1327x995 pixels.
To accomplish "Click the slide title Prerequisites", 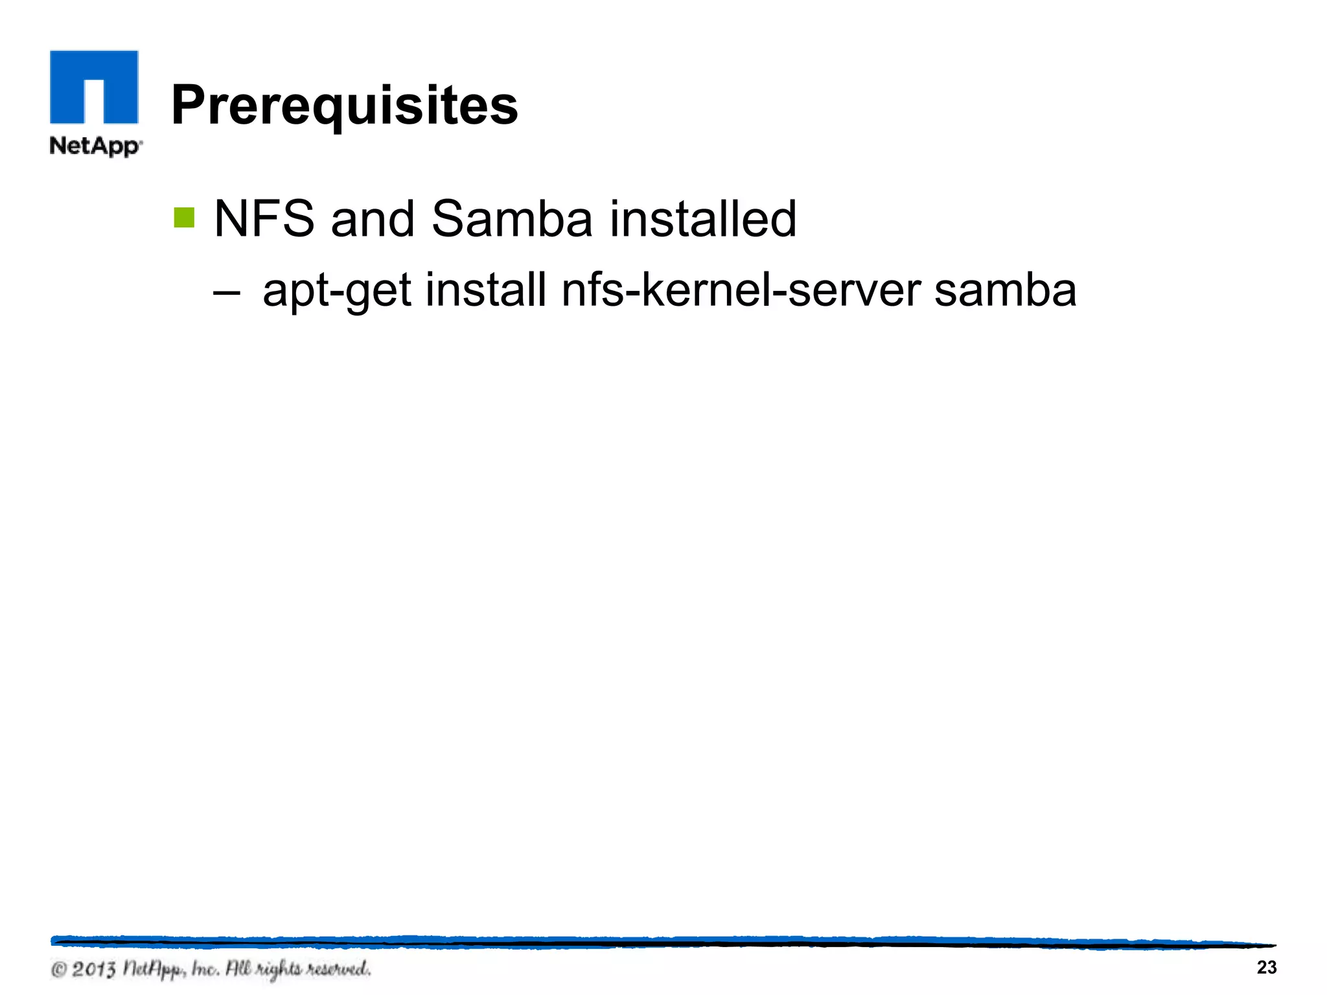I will coord(344,106).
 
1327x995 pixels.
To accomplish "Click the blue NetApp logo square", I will coord(94,87).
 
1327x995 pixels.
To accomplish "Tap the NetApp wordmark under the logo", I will coord(95,146).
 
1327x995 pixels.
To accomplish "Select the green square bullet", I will coord(184,218).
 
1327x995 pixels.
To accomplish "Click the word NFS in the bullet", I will coord(264,219).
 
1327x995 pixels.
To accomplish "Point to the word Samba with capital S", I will coord(511,219).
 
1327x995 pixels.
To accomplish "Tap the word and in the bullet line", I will coord(373,219).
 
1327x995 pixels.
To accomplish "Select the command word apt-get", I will coord(337,292).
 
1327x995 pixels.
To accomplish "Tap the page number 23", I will coord(1267,967).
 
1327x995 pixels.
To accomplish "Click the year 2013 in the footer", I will coord(94,970).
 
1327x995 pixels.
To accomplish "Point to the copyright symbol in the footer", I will coord(59,970).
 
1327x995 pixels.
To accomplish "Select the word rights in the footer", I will coord(278,970).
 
